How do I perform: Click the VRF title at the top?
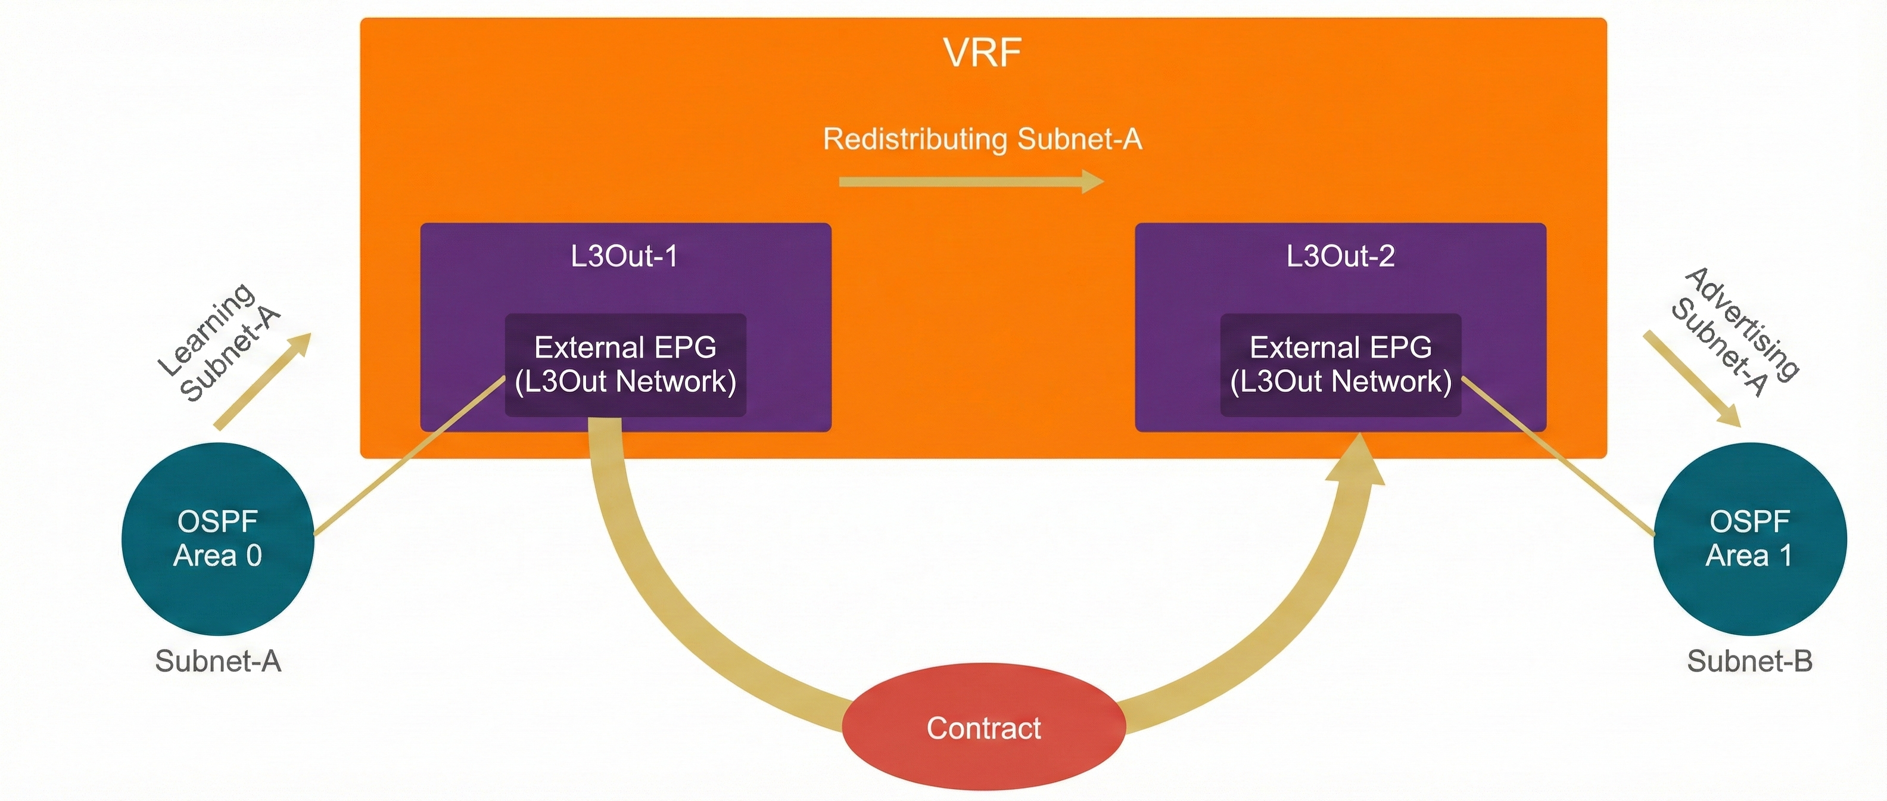pos(982,53)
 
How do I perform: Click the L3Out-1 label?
pos(624,256)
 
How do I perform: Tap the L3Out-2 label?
pos(1341,256)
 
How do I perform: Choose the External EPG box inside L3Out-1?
pos(625,364)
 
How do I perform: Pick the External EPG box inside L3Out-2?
pos(1341,364)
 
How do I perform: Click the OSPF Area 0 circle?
pos(217,539)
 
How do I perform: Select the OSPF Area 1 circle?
pos(1750,539)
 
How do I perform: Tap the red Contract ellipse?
pos(983,727)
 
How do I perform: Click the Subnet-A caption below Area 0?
pos(217,661)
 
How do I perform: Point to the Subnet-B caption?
pos(1750,661)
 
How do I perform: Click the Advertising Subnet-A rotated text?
pos(1735,331)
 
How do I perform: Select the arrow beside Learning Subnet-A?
pos(262,381)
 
